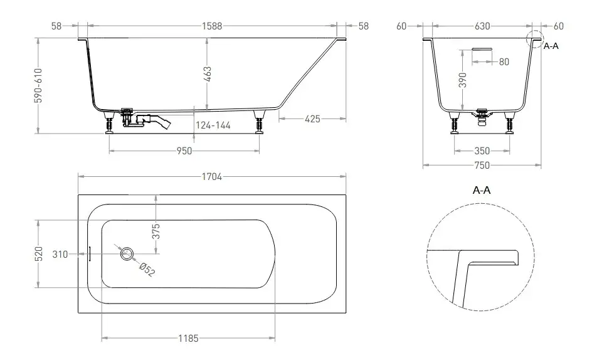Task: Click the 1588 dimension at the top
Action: [212, 26]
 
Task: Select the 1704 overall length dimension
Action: [212, 176]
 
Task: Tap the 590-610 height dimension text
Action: [38, 86]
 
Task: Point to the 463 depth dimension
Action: [208, 74]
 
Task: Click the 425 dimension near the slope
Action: [312, 119]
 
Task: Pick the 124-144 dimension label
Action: [213, 125]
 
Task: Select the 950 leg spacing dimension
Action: [184, 151]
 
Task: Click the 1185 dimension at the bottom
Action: [189, 338]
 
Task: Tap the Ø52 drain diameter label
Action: [147, 269]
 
